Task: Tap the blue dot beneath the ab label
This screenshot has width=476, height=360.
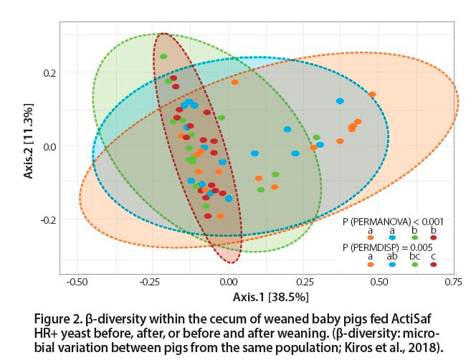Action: click(x=392, y=264)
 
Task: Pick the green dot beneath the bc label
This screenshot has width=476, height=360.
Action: click(x=414, y=264)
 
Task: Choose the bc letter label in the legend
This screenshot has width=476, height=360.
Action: click(x=414, y=255)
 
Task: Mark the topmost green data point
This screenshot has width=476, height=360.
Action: click(x=163, y=57)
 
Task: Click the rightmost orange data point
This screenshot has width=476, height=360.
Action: click(x=372, y=95)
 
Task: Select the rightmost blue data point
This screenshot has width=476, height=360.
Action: click(x=340, y=101)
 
